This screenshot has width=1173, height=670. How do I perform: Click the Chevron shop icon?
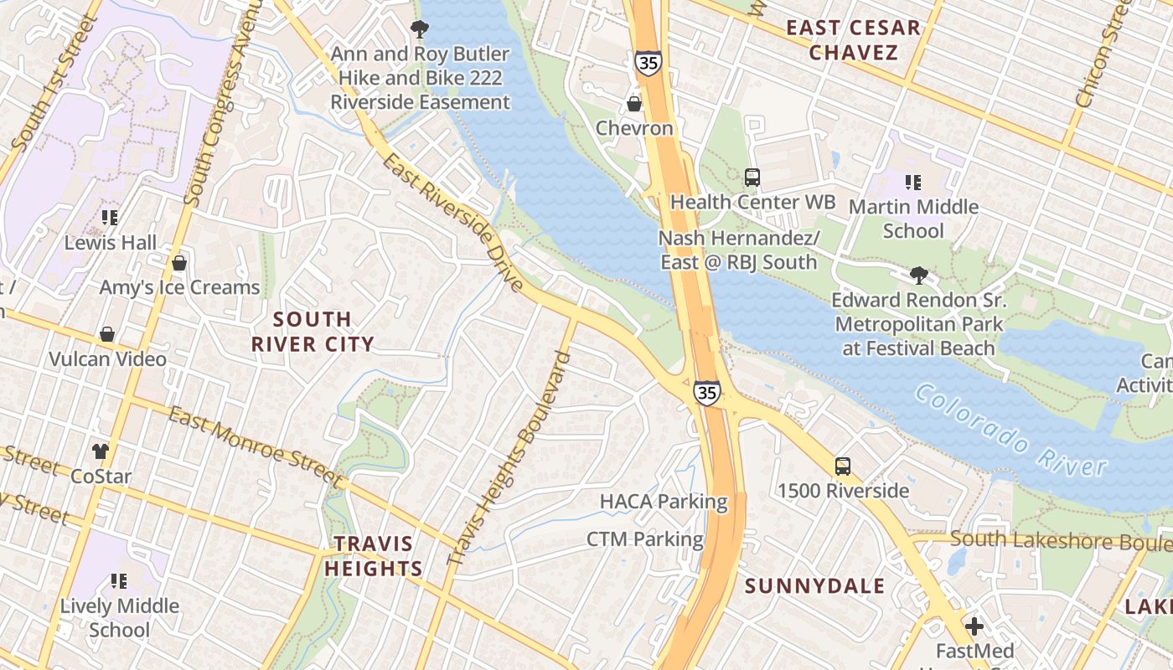[634, 104]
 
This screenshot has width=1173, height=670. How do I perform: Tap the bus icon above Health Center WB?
[752, 178]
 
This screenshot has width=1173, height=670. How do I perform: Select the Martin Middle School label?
[913, 219]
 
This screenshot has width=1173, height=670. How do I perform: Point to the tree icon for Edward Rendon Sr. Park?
[919, 276]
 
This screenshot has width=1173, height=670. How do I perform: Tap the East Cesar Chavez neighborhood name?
[853, 40]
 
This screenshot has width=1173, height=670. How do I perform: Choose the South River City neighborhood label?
[313, 332]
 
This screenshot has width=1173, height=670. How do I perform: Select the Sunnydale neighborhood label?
[814, 585]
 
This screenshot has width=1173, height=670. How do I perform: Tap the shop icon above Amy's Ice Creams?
[178, 264]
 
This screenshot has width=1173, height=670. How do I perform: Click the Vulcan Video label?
[107, 359]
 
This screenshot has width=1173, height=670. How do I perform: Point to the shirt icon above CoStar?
[101, 452]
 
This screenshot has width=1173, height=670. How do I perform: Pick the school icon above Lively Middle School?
[119, 581]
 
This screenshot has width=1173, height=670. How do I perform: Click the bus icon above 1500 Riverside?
[842, 466]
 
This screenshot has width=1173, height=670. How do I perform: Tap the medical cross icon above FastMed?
[974, 626]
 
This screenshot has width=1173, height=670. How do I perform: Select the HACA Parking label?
[664, 502]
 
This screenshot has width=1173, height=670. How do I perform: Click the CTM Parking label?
[644, 539]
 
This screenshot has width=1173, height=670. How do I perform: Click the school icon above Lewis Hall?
[110, 219]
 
